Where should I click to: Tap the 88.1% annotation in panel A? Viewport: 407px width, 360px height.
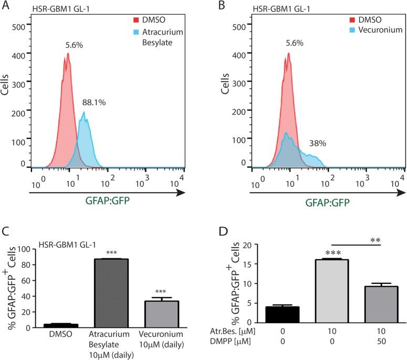click(x=94, y=103)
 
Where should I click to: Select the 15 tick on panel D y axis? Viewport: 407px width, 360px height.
click(x=243, y=264)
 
